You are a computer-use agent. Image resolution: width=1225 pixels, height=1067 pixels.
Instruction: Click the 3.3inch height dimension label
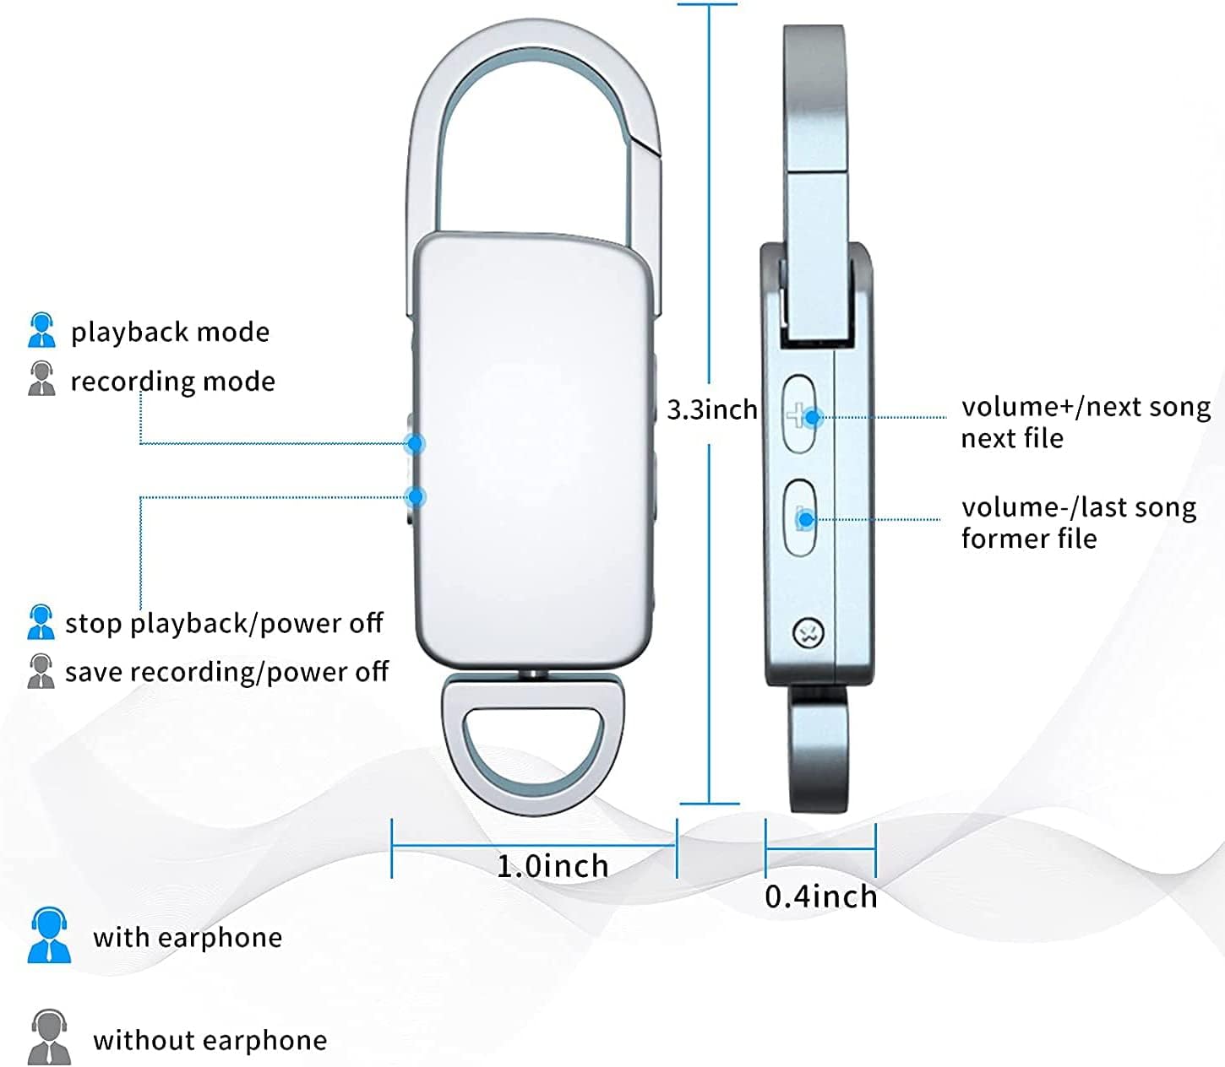(711, 409)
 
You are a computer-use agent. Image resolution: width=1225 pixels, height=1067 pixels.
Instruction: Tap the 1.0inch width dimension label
(553, 866)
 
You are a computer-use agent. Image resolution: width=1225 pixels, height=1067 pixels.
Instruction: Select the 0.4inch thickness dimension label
(820, 896)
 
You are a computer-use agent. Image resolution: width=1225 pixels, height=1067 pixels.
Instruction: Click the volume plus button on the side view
(799, 416)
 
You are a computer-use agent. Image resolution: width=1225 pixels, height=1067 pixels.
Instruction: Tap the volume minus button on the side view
(800, 518)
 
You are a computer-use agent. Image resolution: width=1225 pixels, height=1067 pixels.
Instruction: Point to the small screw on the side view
(808, 632)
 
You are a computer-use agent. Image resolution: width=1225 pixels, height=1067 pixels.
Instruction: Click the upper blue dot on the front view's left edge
(414, 442)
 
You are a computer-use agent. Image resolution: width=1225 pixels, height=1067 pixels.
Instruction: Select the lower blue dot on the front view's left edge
(414, 496)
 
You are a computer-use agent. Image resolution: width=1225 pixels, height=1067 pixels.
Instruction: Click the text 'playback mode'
(170, 332)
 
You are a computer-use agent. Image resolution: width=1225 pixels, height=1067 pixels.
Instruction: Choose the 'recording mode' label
(172, 382)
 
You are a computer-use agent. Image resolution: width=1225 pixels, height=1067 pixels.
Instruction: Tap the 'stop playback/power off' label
(224, 623)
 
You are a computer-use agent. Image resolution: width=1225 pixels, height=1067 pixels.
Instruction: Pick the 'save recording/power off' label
(226, 672)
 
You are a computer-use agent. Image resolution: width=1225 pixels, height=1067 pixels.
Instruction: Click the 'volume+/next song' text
(1086, 407)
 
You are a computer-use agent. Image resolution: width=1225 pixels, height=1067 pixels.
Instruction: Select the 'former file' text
(1029, 539)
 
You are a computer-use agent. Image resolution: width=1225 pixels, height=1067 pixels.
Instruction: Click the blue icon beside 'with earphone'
(49, 935)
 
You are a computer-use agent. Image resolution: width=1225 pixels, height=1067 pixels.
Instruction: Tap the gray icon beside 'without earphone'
(49, 1037)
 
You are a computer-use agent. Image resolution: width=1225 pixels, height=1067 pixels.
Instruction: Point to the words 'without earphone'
(210, 1040)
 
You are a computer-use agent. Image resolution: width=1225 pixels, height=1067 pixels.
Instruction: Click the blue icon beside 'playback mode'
(41, 330)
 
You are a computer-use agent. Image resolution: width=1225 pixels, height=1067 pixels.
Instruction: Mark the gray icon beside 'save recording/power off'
(41, 671)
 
